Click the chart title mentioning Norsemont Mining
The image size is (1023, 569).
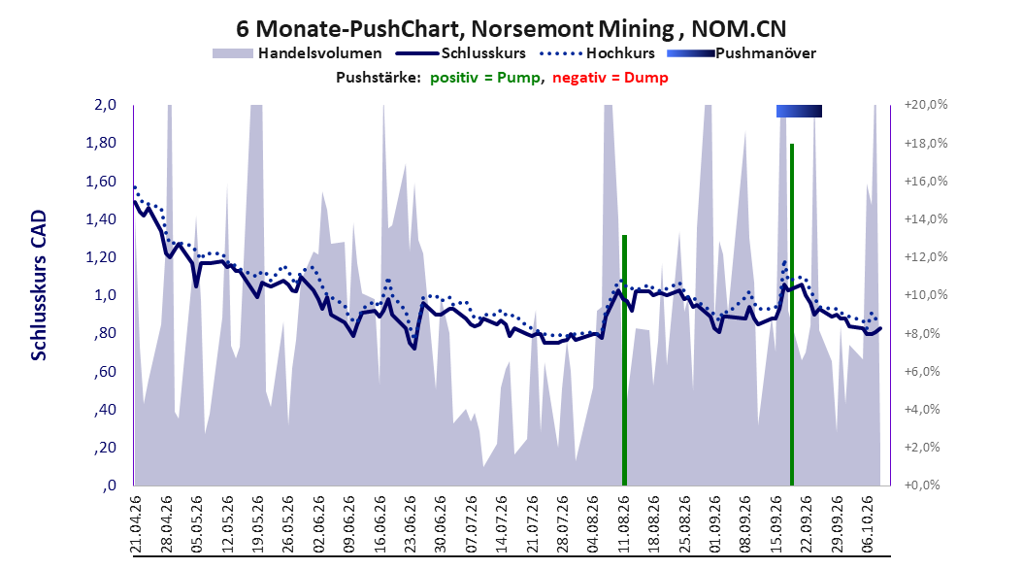tap(511, 29)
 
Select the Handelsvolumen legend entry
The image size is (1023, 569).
tap(298, 53)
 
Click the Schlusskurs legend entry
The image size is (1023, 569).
tap(461, 53)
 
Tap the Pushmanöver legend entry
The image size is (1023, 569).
tap(742, 53)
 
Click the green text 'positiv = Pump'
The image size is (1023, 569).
tap(485, 78)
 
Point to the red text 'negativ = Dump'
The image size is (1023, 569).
tap(610, 78)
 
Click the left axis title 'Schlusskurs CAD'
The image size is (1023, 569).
tap(39, 284)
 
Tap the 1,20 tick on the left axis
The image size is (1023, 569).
tap(101, 257)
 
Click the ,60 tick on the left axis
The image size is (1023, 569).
tap(105, 371)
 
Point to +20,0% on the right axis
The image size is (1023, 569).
tap(925, 105)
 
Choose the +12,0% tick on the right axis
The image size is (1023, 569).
tap(925, 257)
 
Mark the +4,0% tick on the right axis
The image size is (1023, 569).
tap(925, 409)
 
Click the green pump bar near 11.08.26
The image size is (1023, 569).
tap(624, 360)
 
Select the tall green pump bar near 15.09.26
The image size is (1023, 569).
tap(791, 315)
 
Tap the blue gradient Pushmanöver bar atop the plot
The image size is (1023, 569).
tap(799, 112)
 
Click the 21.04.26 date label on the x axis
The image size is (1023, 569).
tap(136, 524)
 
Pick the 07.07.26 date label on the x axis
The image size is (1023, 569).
tap(472, 524)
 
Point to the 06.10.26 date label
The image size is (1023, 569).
tap(868, 524)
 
